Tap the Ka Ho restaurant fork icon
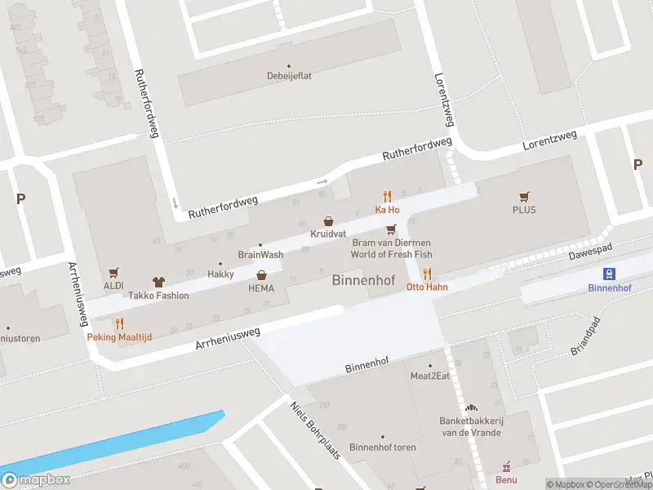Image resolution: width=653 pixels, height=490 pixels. (x=387, y=196)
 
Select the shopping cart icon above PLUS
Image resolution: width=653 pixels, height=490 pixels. (x=524, y=196)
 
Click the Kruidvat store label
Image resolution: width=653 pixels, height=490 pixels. (x=328, y=234)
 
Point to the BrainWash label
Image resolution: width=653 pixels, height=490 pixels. (x=260, y=255)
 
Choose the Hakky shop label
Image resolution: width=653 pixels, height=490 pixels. (x=220, y=274)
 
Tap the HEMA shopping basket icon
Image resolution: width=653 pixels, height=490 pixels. (x=261, y=275)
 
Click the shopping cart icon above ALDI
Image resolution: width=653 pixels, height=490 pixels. (x=113, y=272)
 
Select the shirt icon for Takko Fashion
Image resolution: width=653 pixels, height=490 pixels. (x=158, y=281)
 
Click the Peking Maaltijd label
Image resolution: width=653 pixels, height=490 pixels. (x=119, y=336)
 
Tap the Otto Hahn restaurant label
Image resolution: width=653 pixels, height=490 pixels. (x=426, y=287)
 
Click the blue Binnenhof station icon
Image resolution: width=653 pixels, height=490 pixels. (x=609, y=274)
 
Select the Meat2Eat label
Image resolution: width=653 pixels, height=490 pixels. (x=430, y=376)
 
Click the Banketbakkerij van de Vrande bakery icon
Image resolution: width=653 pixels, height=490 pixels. (x=470, y=408)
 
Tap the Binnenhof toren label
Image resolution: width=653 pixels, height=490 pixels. (x=382, y=447)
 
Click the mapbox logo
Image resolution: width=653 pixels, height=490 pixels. (x=37, y=479)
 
